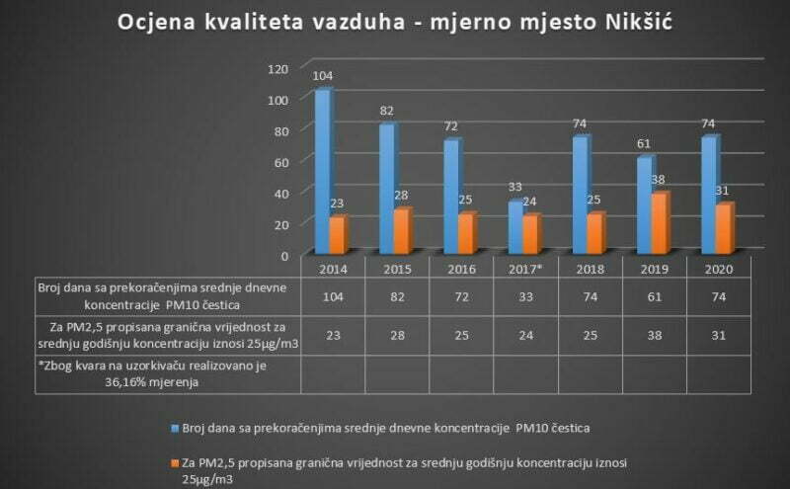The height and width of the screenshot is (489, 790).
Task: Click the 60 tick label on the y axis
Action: click(x=279, y=162)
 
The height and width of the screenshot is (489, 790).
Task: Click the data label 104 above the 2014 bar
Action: click(x=322, y=76)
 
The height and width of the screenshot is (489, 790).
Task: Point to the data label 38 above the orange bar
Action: click(x=658, y=181)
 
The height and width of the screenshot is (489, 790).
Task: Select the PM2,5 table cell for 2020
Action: click(x=718, y=335)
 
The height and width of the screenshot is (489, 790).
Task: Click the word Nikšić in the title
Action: click(x=617, y=23)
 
